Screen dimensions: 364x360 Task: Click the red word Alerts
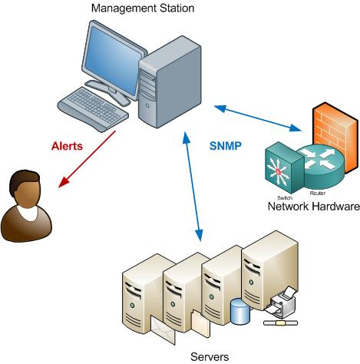pyautogui.click(x=67, y=145)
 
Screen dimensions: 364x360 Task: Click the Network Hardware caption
pyautogui.click(x=312, y=207)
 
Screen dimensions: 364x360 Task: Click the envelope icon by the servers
pyautogui.click(x=163, y=329)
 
